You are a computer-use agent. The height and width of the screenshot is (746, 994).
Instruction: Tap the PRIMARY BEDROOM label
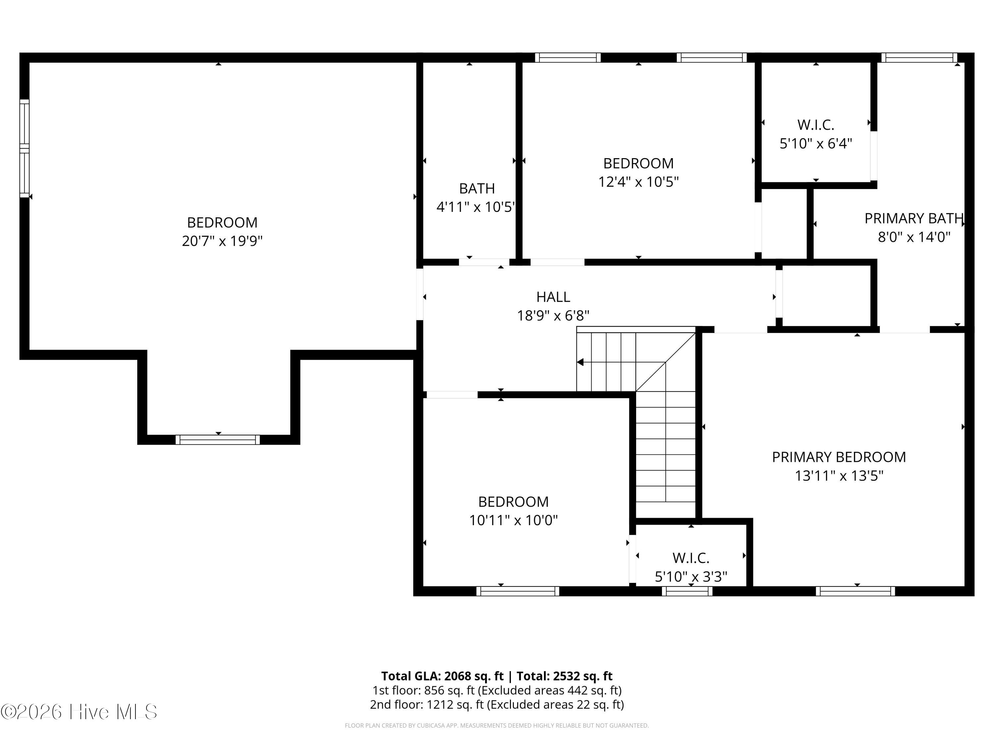tap(839, 457)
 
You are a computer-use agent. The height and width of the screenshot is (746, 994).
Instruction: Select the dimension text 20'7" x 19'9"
tap(222, 241)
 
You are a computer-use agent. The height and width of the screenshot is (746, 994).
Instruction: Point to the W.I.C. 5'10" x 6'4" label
tap(816, 134)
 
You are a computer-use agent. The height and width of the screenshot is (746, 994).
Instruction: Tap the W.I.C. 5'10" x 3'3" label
tap(691, 567)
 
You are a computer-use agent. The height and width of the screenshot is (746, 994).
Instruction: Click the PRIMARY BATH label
tap(913, 218)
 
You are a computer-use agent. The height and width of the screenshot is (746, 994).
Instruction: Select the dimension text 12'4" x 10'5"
tap(638, 182)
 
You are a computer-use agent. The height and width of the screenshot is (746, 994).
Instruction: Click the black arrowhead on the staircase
tap(580, 362)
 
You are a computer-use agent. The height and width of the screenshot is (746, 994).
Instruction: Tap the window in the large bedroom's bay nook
tap(217, 440)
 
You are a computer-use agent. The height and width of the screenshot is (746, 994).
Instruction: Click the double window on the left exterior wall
tap(24, 149)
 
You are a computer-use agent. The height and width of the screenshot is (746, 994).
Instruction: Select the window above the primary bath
tap(919, 58)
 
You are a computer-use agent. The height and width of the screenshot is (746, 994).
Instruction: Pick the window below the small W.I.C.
tap(687, 591)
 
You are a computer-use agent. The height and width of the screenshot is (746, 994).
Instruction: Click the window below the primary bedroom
tap(855, 591)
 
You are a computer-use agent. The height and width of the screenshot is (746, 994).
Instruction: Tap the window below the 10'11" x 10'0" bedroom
tap(518, 591)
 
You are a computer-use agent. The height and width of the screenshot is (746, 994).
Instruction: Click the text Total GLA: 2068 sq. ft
tap(442, 676)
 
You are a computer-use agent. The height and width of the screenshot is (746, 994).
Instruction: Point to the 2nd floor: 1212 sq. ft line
tap(497, 705)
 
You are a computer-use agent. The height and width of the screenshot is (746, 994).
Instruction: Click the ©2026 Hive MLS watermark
tap(79, 712)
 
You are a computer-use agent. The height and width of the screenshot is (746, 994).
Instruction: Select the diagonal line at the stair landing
tap(666, 362)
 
